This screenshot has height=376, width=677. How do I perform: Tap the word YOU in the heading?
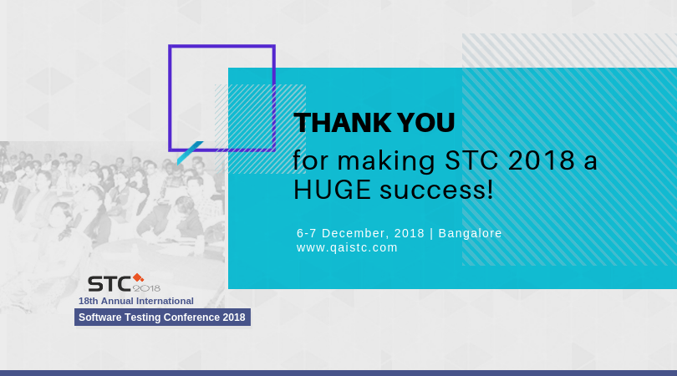pyautogui.click(x=425, y=123)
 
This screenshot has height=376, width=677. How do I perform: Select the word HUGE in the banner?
pyautogui.click(x=332, y=190)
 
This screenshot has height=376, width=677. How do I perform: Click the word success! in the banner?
pyautogui.click(x=436, y=191)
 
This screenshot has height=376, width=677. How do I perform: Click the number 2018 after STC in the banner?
pyautogui.click(x=541, y=160)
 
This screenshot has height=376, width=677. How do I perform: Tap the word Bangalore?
pyautogui.click(x=471, y=234)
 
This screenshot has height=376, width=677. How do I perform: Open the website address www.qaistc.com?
pyautogui.click(x=347, y=248)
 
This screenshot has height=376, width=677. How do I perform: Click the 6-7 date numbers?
pyautogui.click(x=307, y=233)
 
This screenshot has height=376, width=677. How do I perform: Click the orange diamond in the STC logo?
pyautogui.click(x=138, y=277)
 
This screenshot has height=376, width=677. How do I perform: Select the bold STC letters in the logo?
pyautogui.click(x=109, y=284)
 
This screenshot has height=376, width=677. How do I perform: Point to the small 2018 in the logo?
pyautogui.click(x=146, y=288)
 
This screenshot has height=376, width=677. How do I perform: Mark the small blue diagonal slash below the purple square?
pyautogui.click(x=190, y=153)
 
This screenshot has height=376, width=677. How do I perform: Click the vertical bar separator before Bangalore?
pyautogui.click(x=431, y=234)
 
